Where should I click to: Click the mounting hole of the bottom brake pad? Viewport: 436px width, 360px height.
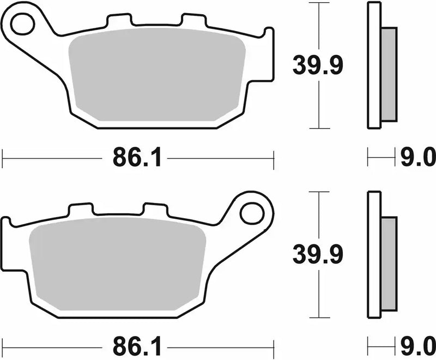[x=252, y=212]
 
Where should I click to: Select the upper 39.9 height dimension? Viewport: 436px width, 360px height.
[x=318, y=66]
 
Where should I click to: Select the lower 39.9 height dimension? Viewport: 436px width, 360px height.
[x=318, y=254]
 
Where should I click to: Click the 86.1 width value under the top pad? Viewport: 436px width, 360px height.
[x=137, y=159]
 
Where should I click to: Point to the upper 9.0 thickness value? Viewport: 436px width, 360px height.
[x=417, y=159]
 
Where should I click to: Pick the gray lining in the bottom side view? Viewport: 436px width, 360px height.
[x=389, y=263]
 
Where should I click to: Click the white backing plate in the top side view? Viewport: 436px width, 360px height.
[x=373, y=65]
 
